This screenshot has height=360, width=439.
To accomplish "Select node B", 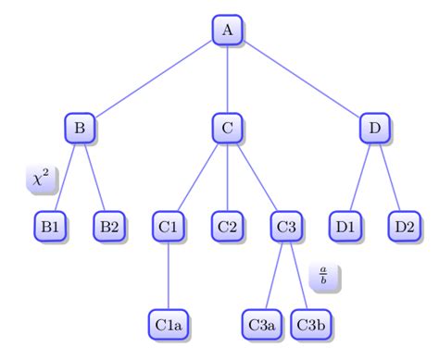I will [x=81, y=128].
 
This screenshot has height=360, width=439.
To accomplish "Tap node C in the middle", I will [x=227, y=128].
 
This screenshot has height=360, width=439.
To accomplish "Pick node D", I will [x=374, y=128].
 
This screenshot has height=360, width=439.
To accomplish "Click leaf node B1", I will [x=50, y=226].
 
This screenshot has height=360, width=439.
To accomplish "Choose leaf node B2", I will [x=109, y=226].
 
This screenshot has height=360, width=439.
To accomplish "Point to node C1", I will [x=169, y=226].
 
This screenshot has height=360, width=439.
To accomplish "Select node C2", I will [x=227, y=226].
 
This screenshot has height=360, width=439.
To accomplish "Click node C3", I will [x=286, y=226].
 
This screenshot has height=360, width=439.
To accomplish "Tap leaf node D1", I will [x=345, y=226].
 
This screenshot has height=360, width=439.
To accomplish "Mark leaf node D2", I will [x=404, y=226].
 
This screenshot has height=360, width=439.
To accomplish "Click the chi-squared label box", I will [x=41, y=179].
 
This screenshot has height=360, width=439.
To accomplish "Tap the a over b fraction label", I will [x=323, y=276].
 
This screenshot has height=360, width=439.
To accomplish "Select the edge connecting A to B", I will [x=154, y=79].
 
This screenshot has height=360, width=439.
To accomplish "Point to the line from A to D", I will [x=301, y=79].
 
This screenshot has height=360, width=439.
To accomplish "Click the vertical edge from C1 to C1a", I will [x=169, y=275].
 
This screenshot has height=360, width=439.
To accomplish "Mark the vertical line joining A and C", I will [x=227, y=79].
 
